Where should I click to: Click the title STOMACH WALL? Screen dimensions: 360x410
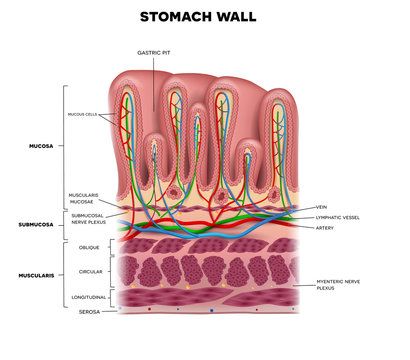204,16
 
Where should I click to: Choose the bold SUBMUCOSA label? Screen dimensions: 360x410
36,224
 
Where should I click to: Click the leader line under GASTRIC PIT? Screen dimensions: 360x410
154,75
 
